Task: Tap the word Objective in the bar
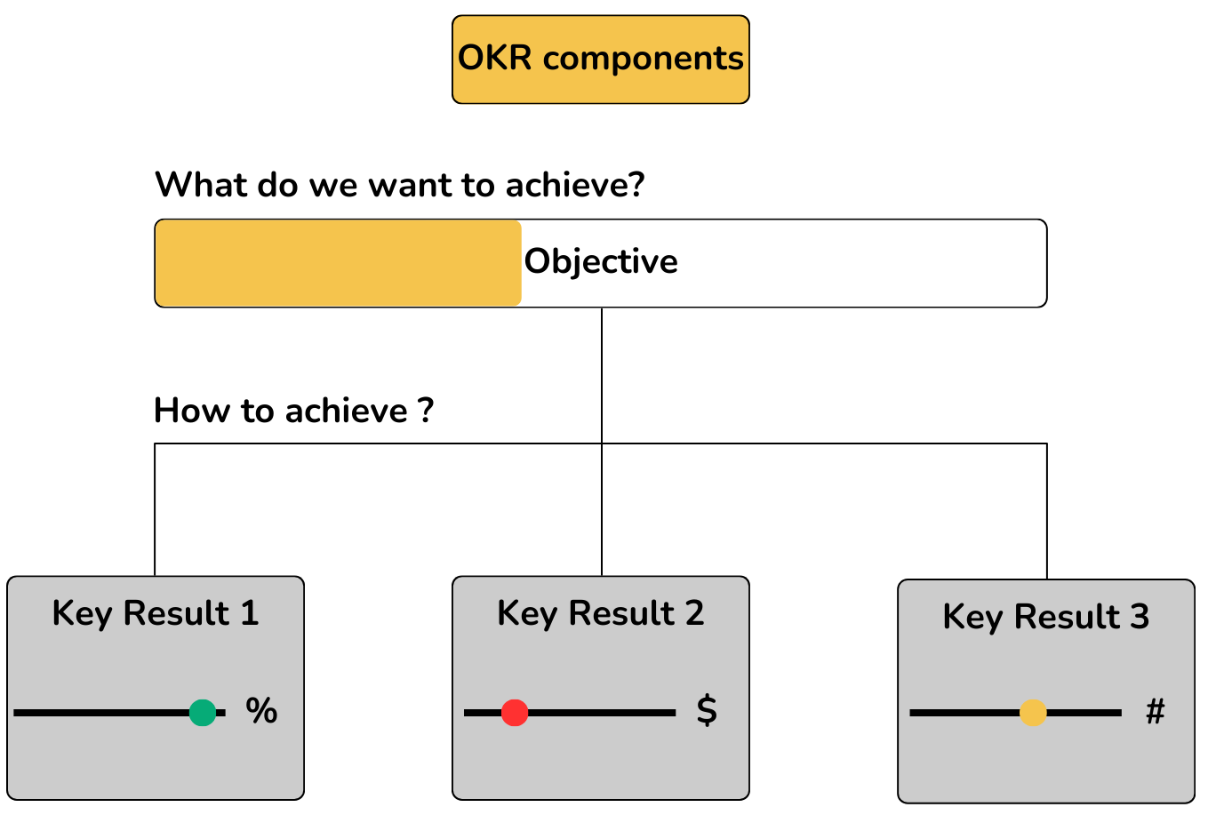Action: point(601,261)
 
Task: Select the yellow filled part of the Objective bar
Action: point(338,263)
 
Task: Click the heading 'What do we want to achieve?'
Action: point(399,185)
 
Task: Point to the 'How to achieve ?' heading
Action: point(293,411)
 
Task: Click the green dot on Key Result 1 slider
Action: point(203,713)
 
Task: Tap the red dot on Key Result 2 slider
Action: point(515,713)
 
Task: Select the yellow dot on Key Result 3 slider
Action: point(1033,713)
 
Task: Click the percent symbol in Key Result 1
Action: point(261,711)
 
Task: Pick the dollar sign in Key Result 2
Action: point(707,710)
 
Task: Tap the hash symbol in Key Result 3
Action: point(1155,711)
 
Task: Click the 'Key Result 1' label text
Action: point(156,613)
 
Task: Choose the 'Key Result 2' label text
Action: point(601,613)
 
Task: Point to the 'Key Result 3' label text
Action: point(1046,617)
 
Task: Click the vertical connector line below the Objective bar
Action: point(602,373)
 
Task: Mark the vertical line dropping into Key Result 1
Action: point(155,511)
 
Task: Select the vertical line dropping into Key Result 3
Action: point(1047,511)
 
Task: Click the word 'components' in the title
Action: point(643,59)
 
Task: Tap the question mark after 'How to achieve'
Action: point(426,411)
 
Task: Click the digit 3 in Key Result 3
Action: point(1140,617)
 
